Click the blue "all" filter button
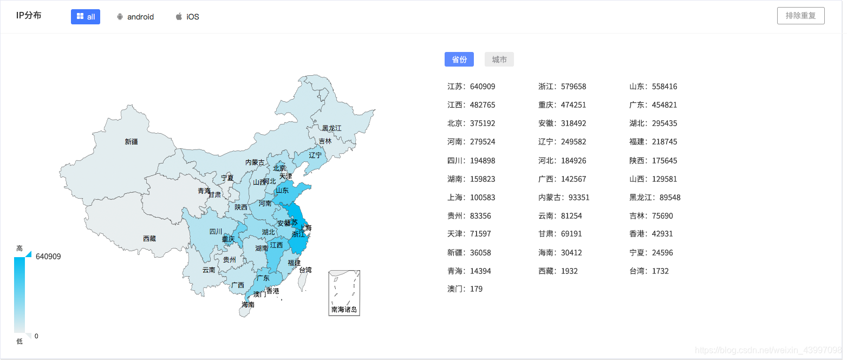[86, 17]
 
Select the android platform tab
[135, 17]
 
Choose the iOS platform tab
[187, 17]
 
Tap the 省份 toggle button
[459, 60]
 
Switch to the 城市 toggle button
[499, 60]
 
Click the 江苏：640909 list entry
[471, 87]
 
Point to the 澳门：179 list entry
[465, 289]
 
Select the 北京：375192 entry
[471, 123]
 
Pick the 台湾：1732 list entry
[649, 271]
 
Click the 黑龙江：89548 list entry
[655, 198]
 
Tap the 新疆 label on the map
[131, 142]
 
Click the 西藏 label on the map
[149, 238]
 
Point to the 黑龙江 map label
[332, 128]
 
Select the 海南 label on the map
[248, 305]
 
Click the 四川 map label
[216, 232]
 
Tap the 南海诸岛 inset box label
[344, 310]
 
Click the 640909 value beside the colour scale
[48, 257]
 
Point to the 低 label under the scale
[19, 341]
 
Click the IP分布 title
[29, 15]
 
